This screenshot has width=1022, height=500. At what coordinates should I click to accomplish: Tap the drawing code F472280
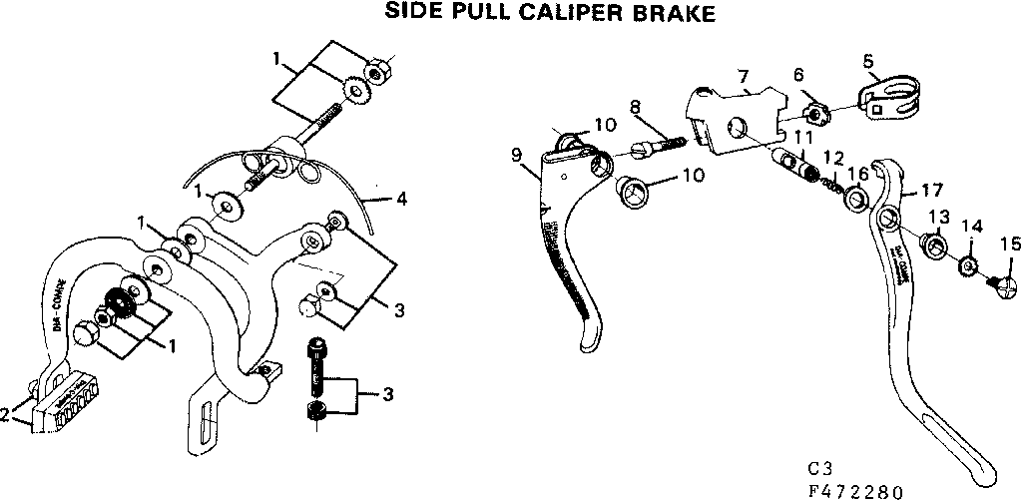(856, 491)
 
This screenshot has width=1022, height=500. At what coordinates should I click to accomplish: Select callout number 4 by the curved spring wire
(401, 200)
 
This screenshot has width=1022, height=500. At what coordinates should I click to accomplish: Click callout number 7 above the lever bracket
(742, 77)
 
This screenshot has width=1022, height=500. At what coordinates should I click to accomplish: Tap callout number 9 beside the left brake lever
(515, 155)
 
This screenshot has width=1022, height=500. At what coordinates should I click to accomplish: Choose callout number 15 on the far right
(1010, 243)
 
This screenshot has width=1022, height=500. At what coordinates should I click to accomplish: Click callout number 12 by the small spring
(834, 157)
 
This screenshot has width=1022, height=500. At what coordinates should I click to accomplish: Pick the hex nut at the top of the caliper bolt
(378, 72)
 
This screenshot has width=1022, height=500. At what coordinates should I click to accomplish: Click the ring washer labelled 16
(856, 203)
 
